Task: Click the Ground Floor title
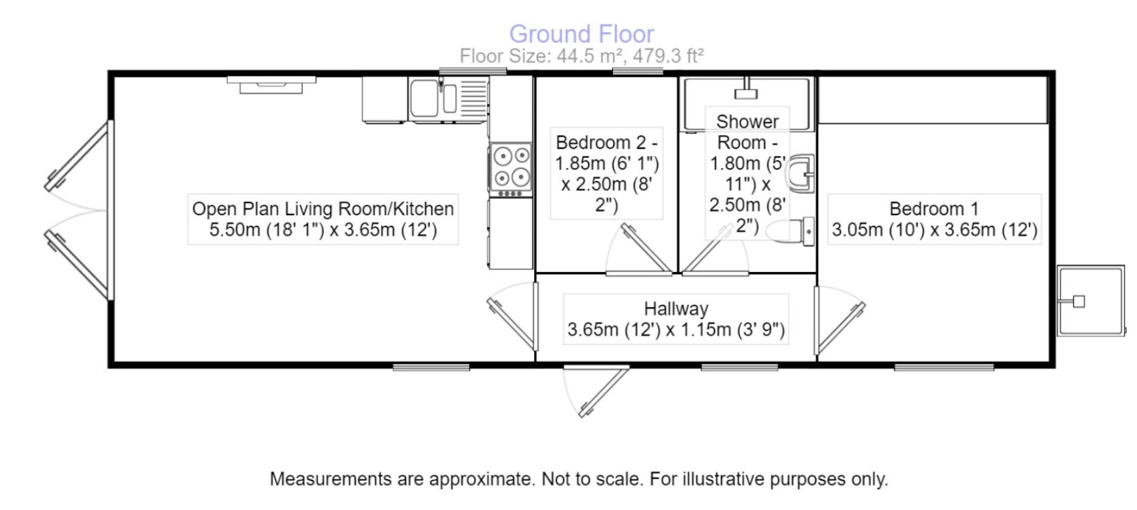click(582, 34)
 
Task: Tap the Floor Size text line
click(582, 56)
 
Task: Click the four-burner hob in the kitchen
click(511, 169)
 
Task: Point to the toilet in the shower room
click(790, 232)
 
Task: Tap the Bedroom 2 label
click(606, 174)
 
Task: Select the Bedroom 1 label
click(935, 219)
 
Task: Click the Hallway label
click(676, 319)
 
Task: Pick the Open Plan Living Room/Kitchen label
click(323, 219)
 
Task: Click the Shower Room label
click(747, 174)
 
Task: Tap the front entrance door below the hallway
click(597, 391)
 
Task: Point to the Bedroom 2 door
click(639, 250)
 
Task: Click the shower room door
click(715, 250)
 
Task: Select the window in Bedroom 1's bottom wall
click(944, 367)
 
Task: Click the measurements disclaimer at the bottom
click(579, 479)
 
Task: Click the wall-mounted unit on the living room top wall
click(271, 84)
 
